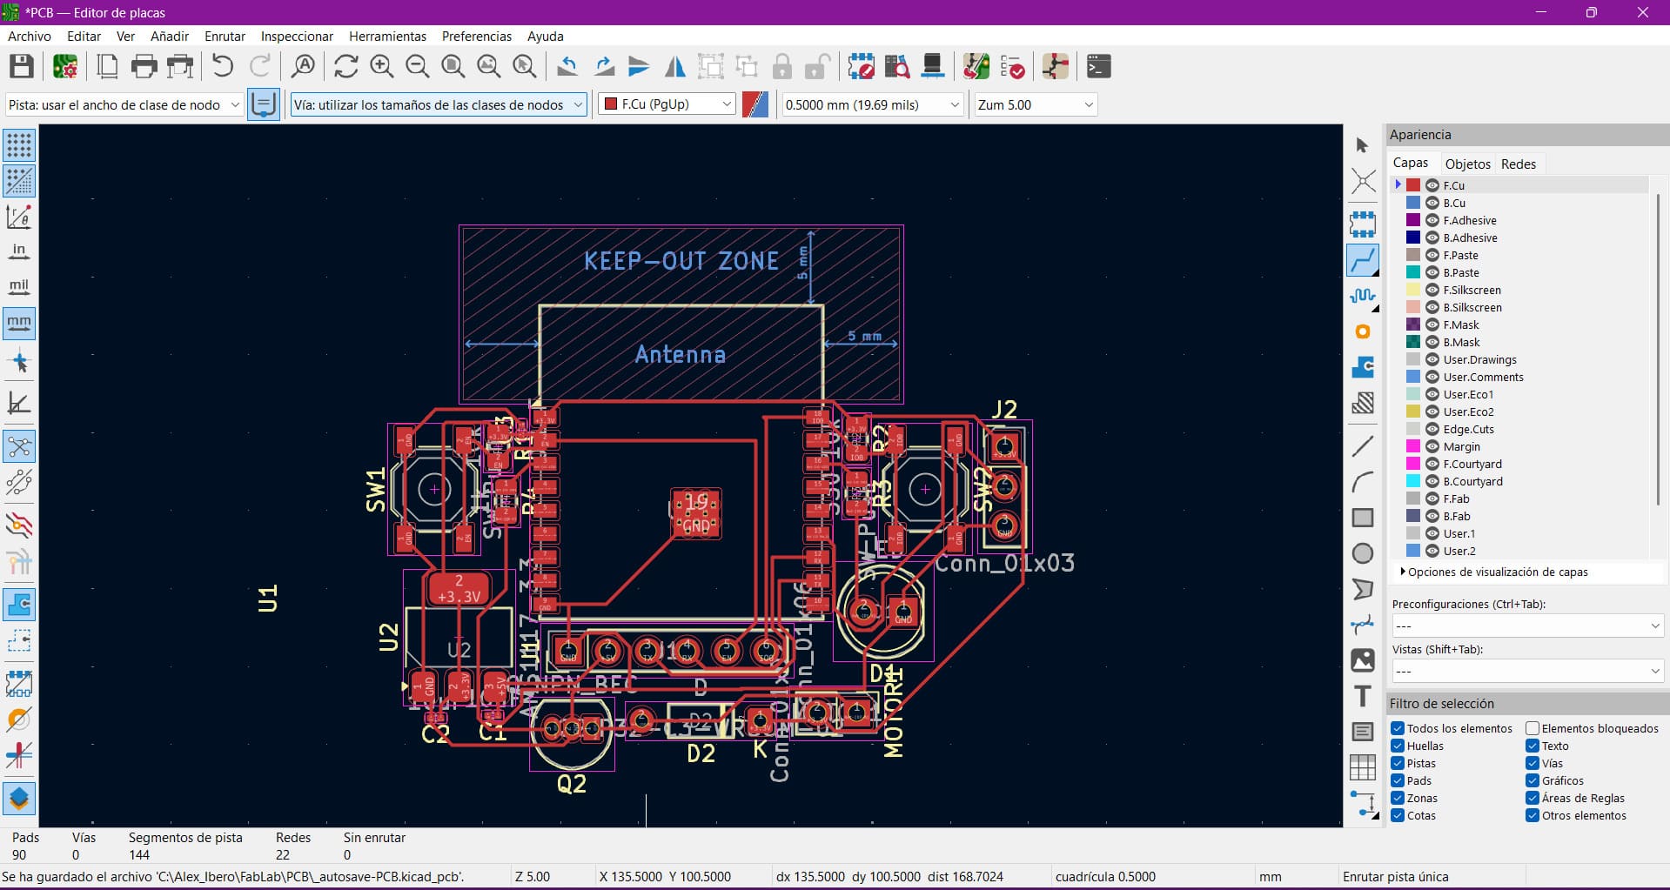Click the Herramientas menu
coord(387,37)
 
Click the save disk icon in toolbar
coord(22,67)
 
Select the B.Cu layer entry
coord(1453,203)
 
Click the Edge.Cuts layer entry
coord(1468,429)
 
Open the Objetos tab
coord(1467,164)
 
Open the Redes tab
coord(1518,164)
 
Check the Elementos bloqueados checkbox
coord(1533,728)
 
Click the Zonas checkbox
coord(1398,798)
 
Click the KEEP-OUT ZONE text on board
coord(681,261)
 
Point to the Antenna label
coord(680,354)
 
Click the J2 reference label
coord(1004,410)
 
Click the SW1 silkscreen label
coord(375,490)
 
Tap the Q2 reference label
coord(572,784)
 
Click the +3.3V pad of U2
coord(459,589)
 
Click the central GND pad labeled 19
coord(695,513)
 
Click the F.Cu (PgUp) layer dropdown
coord(667,104)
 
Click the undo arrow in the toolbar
coord(223,67)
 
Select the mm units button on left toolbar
coord(19,323)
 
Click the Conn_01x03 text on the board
coord(1004,563)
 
